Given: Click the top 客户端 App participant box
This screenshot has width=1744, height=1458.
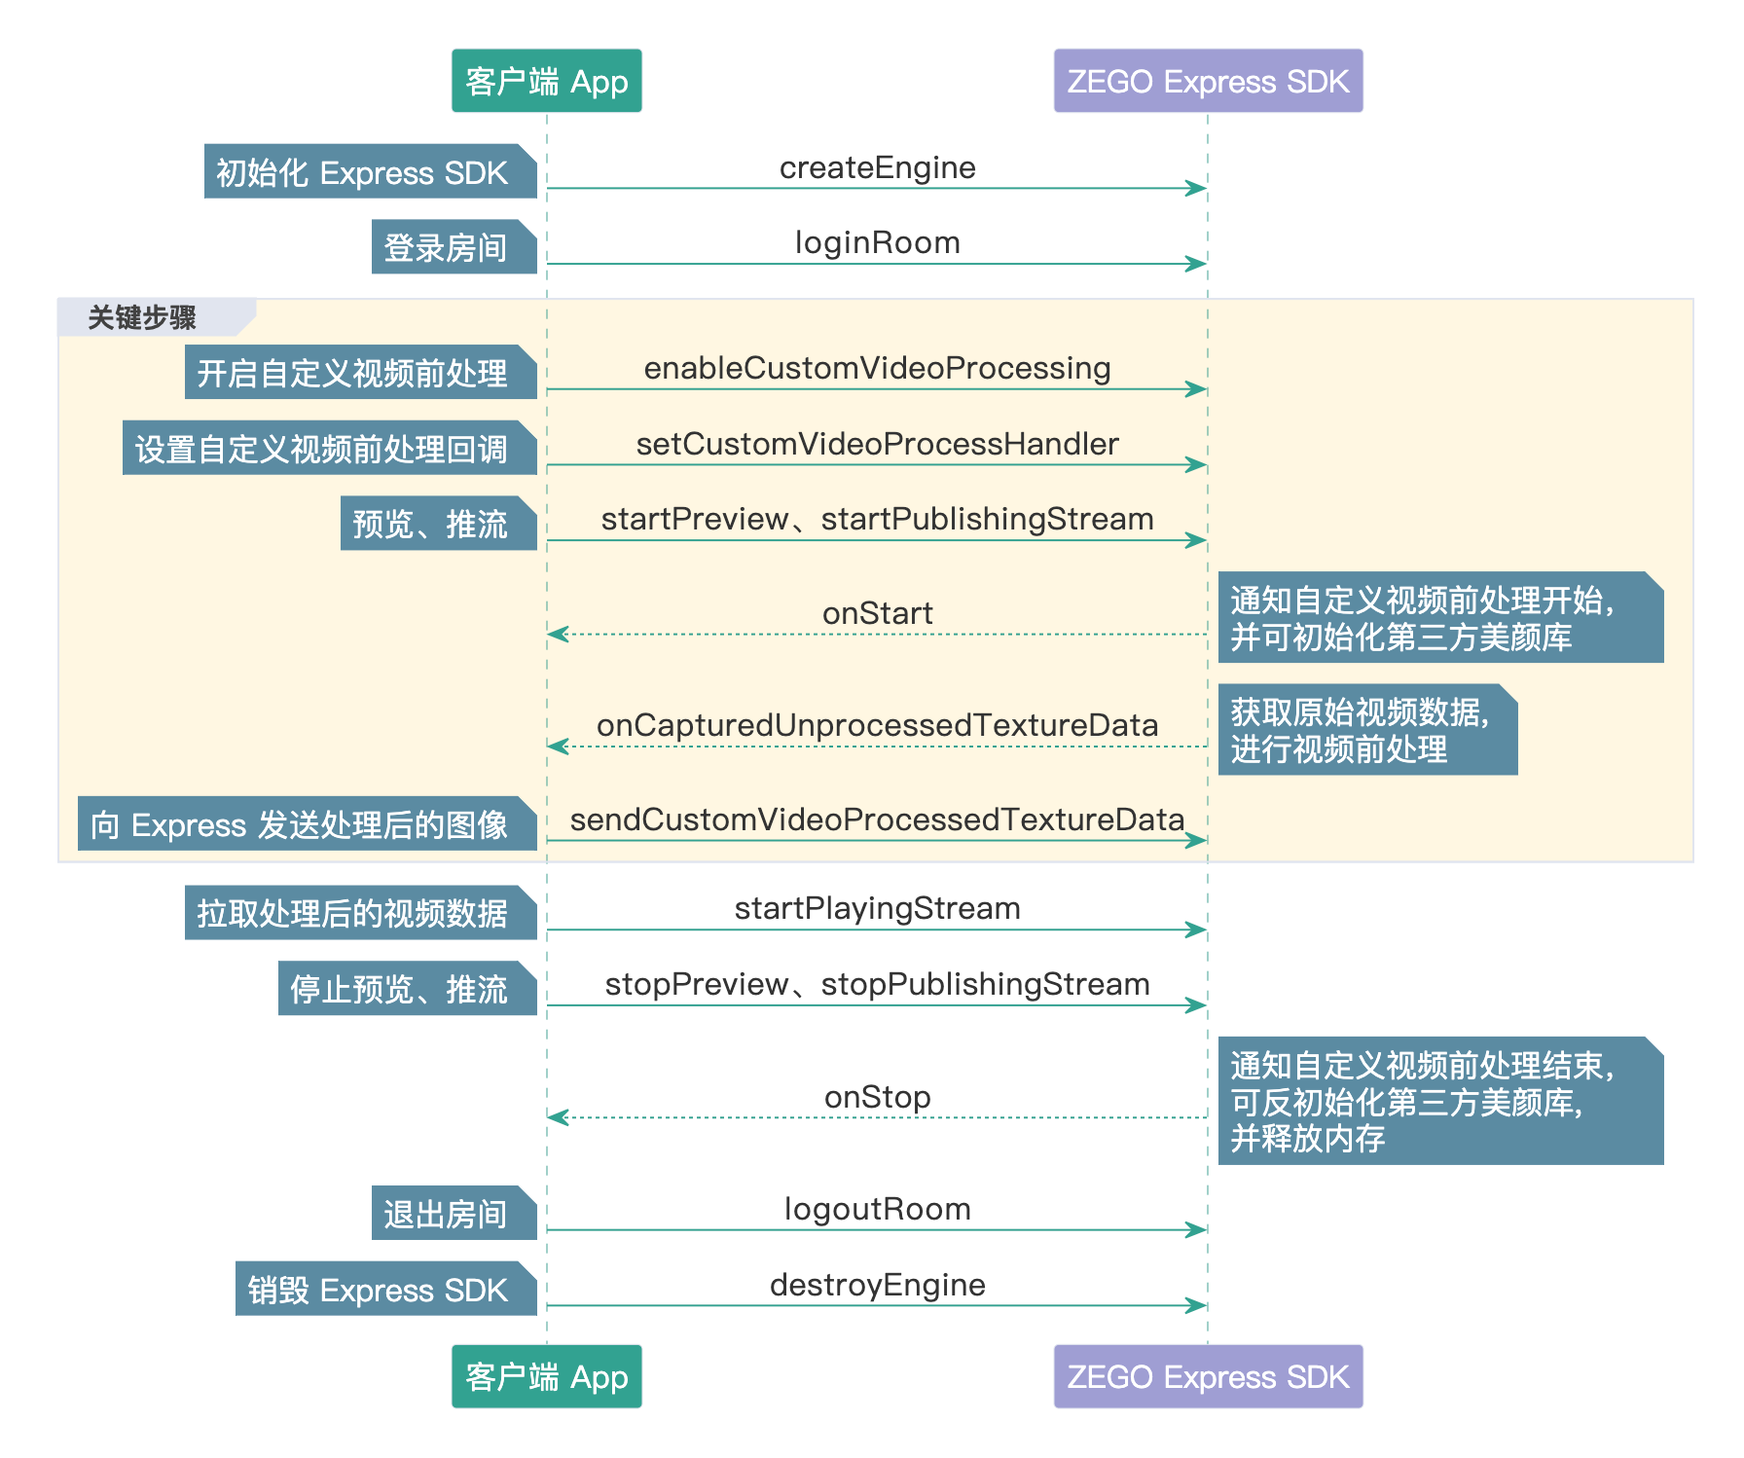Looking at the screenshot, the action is pos(546,81).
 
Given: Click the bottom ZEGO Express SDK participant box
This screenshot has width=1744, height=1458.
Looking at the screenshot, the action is pos(1208,1376).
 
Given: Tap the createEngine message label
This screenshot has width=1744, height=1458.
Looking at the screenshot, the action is pos(877,167).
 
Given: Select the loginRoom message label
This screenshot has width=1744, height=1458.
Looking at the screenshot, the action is pos(877,242).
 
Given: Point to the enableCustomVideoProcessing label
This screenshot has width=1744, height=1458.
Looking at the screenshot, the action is pos(877,368).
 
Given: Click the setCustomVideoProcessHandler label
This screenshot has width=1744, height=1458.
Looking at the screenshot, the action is pos(877,444).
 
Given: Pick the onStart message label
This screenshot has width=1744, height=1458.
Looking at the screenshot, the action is pos(877,613).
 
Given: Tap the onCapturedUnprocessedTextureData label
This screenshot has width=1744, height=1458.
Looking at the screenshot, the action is pos(877,725).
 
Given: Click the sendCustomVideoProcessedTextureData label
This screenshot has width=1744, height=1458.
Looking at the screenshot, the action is pos(877,820).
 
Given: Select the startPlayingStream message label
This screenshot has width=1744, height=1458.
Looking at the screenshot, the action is pos(877,908).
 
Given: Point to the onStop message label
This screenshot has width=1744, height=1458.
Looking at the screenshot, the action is pos(877,1097).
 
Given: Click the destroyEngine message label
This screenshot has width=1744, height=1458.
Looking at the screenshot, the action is pos(877,1285).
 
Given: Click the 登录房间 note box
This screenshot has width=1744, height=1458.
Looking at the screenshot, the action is pos(454,247).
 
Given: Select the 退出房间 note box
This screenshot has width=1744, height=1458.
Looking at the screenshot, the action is pos(454,1213).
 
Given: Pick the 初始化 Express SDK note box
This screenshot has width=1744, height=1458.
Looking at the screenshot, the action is pos(370,171).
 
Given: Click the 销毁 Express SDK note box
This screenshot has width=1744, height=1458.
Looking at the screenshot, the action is pos(385,1289).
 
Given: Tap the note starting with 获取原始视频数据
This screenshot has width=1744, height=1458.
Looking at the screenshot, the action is pos(1367,730).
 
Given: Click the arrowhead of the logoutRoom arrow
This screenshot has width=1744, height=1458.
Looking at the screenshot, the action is pos(1197,1230).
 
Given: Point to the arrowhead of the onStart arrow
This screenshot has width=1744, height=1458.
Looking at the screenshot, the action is pos(558,634).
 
